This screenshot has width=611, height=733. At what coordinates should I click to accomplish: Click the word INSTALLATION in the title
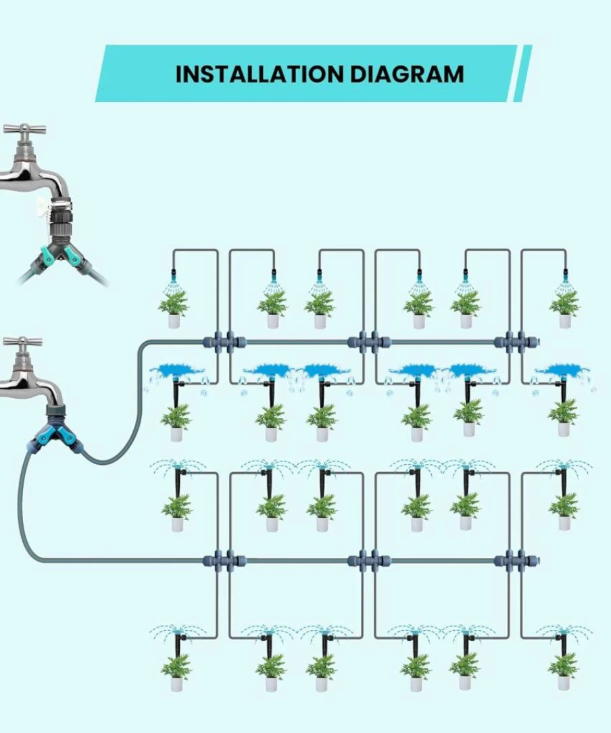point(260,74)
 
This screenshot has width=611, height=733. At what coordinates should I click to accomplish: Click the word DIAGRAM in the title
point(407,74)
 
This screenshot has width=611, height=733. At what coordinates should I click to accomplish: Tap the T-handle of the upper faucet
point(24,128)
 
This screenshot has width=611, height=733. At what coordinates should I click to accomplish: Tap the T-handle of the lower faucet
point(22,341)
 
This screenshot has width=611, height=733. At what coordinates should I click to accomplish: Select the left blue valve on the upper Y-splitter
point(47,255)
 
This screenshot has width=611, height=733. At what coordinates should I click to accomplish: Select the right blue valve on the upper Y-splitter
point(71,256)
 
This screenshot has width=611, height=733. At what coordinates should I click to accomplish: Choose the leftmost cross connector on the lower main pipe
point(224,560)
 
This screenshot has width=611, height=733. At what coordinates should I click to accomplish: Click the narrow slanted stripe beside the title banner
point(522,74)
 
